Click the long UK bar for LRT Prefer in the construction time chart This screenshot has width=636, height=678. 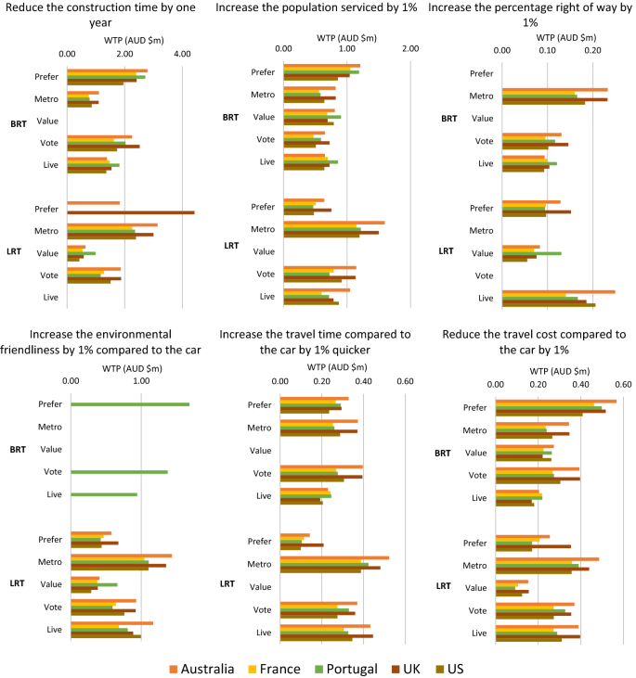pyautogui.click(x=130, y=212)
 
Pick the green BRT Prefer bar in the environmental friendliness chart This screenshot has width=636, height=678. pyautogui.click(x=129, y=404)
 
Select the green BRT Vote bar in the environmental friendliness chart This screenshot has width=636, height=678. pyautogui.click(x=119, y=472)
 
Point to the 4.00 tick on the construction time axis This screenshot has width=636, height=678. pyautogui.click(x=182, y=54)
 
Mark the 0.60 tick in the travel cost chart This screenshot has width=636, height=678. pyautogui.click(x=622, y=384)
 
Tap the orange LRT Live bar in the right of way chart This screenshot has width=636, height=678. pyautogui.click(x=558, y=291)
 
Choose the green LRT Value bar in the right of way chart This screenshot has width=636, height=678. pyautogui.click(x=531, y=253)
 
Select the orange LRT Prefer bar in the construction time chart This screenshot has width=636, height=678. pyautogui.click(x=93, y=203)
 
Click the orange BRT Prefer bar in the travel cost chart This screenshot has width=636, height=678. pyautogui.click(x=556, y=401)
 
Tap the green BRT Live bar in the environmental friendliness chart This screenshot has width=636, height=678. pyautogui.click(x=103, y=494)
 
